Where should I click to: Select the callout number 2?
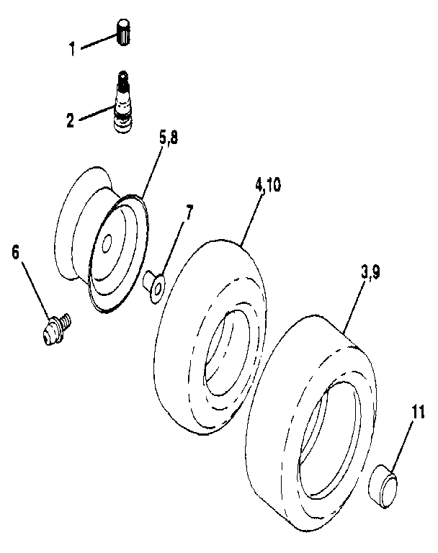[71, 120]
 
